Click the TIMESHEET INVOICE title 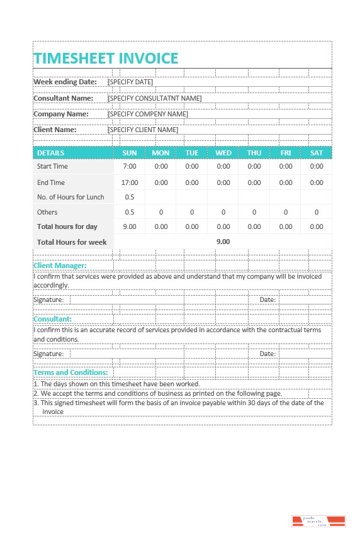[x=106, y=59]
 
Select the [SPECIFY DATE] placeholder [x=130, y=82]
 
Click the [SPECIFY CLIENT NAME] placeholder [x=143, y=130]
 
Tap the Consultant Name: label [x=63, y=98]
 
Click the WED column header [x=223, y=153]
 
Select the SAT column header [x=317, y=153]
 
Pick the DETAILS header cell [x=50, y=153]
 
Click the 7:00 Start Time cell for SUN [x=130, y=167]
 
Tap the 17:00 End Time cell [x=130, y=182]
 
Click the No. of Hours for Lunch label [x=70, y=197]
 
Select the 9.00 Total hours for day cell [x=130, y=226]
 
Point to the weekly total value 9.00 [x=223, y=241]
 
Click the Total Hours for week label [x=72, y=242]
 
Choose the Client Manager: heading [x=60, y=266]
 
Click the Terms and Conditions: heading [x=70, y=372]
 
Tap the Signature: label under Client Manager [x=48, y=299]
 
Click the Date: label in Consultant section [x=267, y=354]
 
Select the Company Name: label [x=61, y=114]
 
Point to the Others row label [x=47, y=212]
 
